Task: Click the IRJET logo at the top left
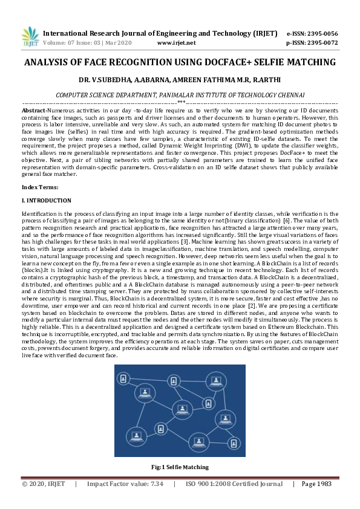pyautogui.click(x=30, y=37)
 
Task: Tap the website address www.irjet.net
pyautogui.click(x=176, y=43)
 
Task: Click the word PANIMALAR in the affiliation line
pyautogui.click(x=184, y=95)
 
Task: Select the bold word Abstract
pyautogui.click(x=33, y=111)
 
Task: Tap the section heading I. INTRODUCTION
pyautogui.click(x=47, y=200)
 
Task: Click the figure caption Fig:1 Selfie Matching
pyautogui.click(x=180, y=467)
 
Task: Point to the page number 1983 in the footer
pyautogui.click(x=326, y=484)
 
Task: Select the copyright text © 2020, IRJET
pyautogui.click(x=44, y=484)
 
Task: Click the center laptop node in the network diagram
pyautogui.click(x=182, y=409)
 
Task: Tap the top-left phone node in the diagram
pyautogui.click(x=123, y=379)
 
